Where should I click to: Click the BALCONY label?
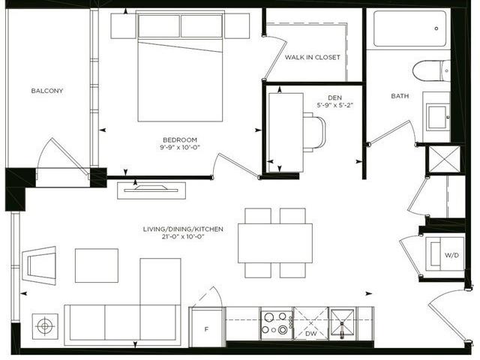[47, 91]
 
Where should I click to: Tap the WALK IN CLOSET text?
[313, 57]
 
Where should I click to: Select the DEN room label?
[335, 98]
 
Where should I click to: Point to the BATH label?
[400, 96]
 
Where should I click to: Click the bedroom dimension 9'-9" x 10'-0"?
[180, 147]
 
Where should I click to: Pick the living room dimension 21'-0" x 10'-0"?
[183, 236]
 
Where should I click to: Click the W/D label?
[451, 255]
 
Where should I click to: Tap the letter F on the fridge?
[206, 329]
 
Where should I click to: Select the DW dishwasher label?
[310, 333]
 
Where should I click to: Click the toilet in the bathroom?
[431, 70]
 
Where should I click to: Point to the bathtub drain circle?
[436, 28]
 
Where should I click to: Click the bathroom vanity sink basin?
[436, 117]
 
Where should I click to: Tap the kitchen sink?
[342, 324]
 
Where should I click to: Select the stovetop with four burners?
[277, 323]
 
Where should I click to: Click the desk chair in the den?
[314, 132]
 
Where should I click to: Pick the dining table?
[275, 243]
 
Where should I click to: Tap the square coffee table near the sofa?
[97, 265]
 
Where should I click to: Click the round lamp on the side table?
[45, 326]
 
